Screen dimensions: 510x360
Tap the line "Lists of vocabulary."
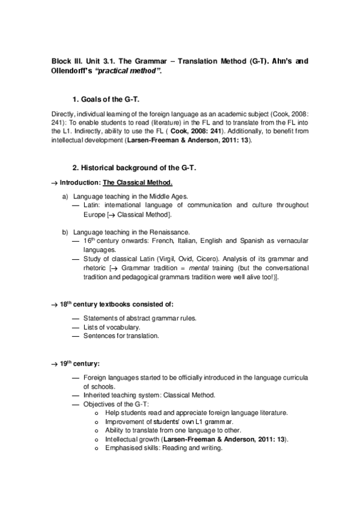click(112, 327)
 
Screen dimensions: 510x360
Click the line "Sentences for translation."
click(121, 336)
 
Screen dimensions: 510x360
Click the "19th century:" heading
click(79, 364)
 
